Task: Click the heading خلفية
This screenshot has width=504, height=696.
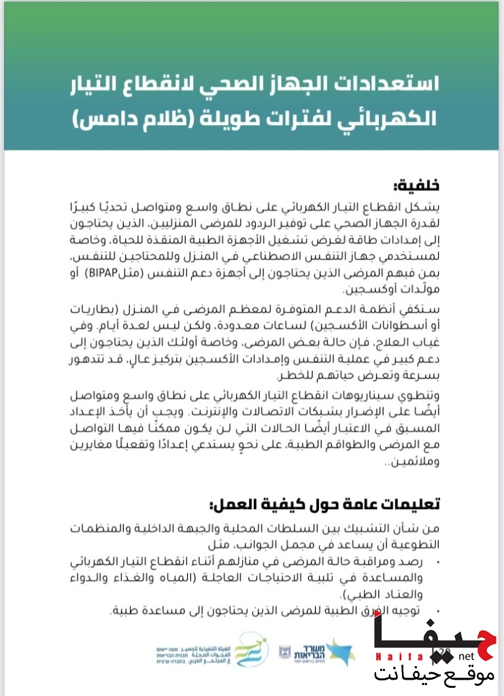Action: click(416, 186)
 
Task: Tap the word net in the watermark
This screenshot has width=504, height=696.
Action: click(466, 657)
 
